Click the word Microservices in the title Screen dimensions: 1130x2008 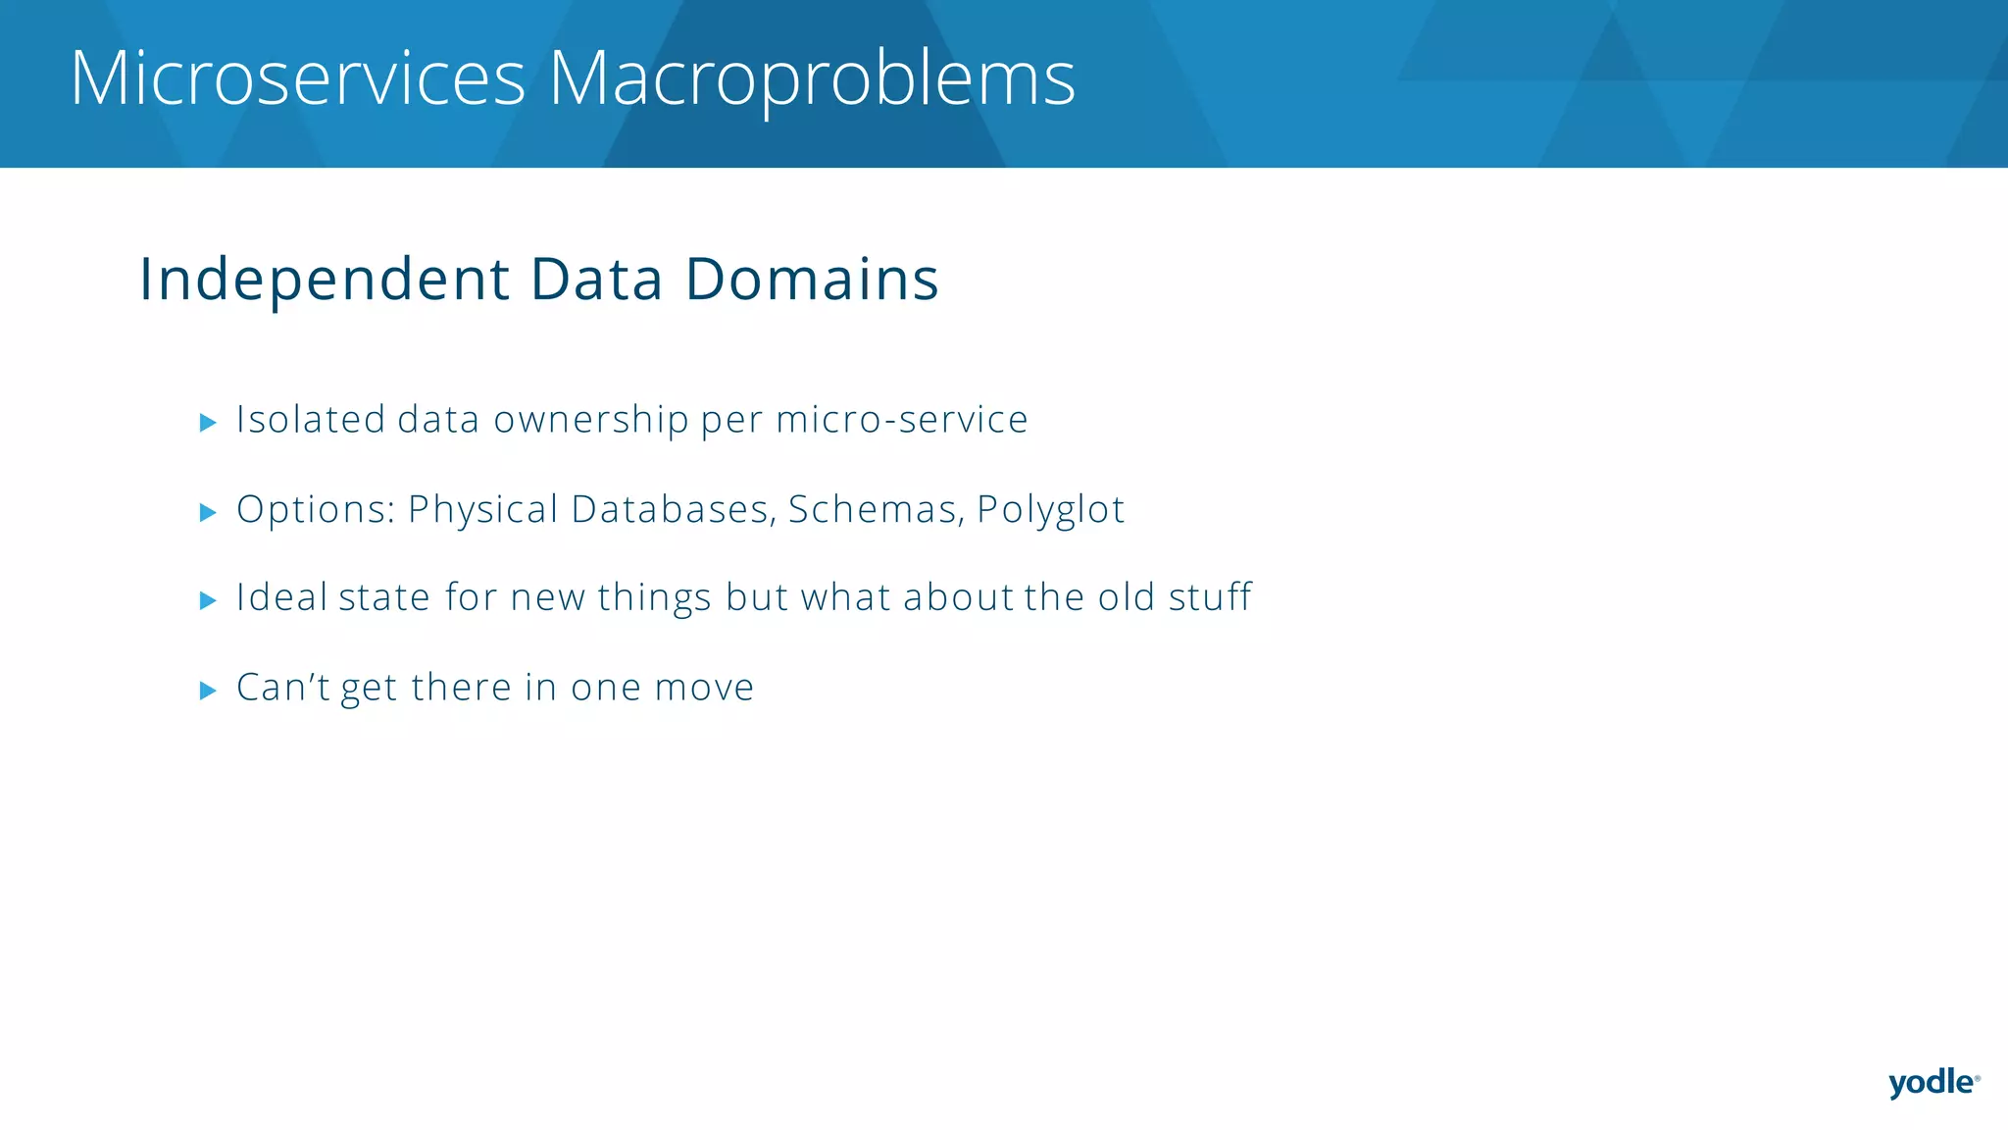(298, 78)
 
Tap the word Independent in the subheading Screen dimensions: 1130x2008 (325, 281)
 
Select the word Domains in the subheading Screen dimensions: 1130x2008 (812, 279)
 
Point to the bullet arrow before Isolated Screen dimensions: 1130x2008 (208, 423)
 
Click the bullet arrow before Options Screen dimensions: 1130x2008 (208, 512)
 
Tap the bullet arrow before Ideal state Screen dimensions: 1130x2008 (208, 600)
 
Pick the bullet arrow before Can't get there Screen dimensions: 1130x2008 (208, 691)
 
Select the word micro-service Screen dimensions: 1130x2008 (902, 419)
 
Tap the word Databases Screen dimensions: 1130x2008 (674, 509)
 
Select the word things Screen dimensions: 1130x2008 (655, 598)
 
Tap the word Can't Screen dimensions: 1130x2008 (283, 688)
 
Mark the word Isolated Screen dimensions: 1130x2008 (311, 420)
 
